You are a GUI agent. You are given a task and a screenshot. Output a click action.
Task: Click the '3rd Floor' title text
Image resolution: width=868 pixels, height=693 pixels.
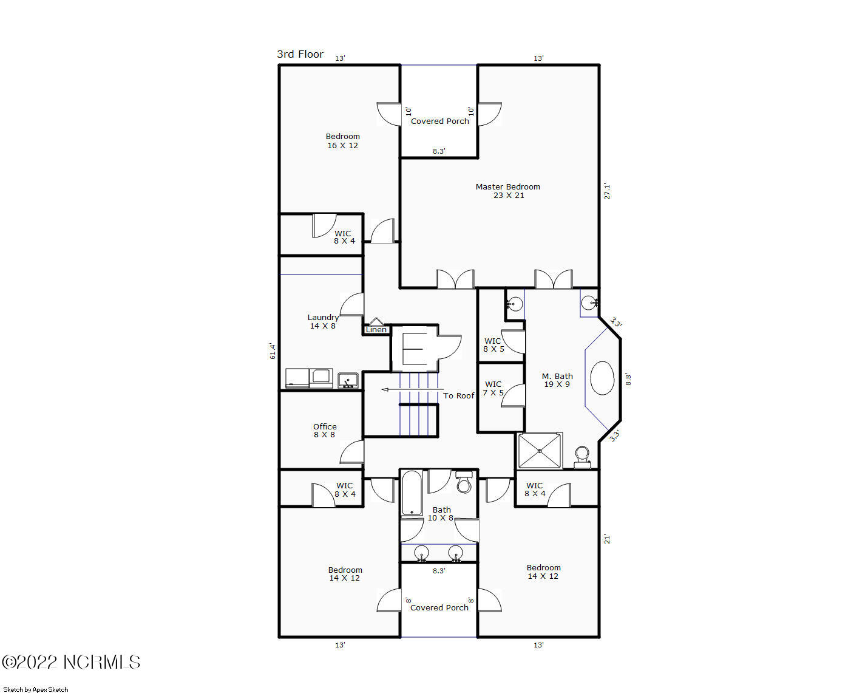pyautogui.click(x=300, y=54)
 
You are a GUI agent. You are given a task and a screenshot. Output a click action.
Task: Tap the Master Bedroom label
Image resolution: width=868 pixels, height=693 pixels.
pyautogui.click(x=507, y=191)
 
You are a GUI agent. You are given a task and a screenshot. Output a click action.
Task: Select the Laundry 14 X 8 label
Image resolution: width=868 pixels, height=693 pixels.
pyautogui.click(x=323, y=321)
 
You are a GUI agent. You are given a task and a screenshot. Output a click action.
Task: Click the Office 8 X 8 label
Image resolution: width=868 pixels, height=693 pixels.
pyautogui.click(x=325, y=431)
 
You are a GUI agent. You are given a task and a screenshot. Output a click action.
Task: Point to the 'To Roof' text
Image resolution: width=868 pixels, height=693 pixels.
pyautogui.click(x=458, y=396)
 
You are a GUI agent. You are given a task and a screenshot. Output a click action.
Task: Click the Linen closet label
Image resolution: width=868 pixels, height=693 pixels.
pyautogui.click(x=376, y=330)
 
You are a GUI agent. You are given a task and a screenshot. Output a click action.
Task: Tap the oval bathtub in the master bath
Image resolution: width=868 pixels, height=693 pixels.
pyautogui.click(x=602, y=378)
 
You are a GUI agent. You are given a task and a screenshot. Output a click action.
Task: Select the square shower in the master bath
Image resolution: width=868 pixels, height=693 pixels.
pyautogui.click(x=539, y=451)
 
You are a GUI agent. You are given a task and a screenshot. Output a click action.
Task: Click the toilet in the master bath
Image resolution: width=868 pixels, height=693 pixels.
pyautogui.click(x=582, y=456)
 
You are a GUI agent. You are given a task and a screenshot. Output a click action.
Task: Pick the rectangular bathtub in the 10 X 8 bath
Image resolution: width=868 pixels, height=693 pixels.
pyautogui.click(x=412, y=493)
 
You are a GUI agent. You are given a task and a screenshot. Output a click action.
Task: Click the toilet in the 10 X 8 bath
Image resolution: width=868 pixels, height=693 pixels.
pyautogui.click(x=464, y=482)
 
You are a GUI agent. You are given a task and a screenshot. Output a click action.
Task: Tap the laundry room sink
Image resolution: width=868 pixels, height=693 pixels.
pyautogui.click(x=348, y=381)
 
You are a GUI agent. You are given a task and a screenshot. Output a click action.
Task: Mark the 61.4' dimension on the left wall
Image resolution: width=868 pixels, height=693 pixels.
pyautogui.click(x=273, y=351)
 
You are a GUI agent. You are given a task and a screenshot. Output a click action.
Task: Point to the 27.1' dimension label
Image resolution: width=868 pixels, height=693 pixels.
pyautogui.click(x=607, y=191)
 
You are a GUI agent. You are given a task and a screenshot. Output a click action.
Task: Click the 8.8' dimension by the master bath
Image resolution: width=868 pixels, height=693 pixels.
pyautogui.click(x=628, y=380)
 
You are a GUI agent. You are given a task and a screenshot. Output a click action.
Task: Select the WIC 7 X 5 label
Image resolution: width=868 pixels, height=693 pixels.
pyautogui.click(x=493, y=389)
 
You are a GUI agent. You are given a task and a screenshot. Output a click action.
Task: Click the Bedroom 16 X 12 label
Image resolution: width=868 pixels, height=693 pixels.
pyautogui.click(x=342, y=141)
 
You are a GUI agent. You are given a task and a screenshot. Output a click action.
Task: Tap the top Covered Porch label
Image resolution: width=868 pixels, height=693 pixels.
pyautogui.click(x=439, y=121)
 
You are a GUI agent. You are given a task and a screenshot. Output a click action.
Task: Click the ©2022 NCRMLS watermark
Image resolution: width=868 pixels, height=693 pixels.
pyautogui.click(x=71, y=662)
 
